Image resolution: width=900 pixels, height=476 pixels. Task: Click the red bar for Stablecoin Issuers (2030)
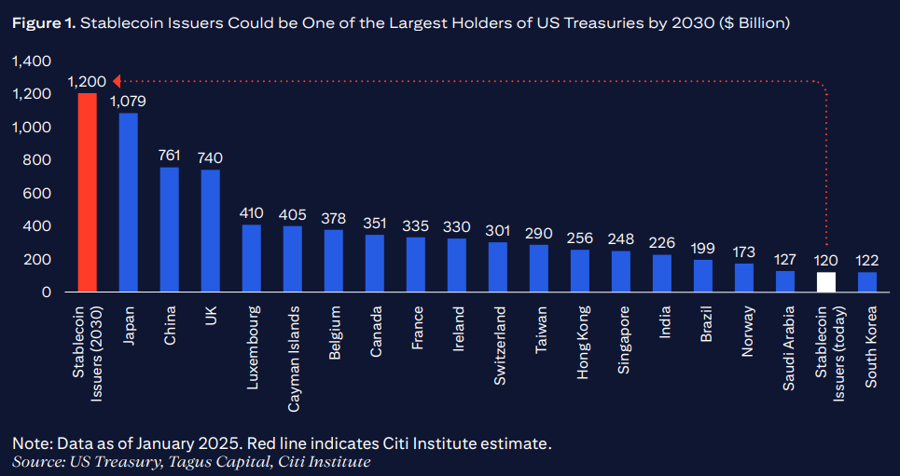click(x=88, y=193)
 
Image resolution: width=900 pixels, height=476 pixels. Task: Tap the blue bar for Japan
click(x=129, y=202)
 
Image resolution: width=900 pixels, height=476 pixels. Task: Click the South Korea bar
click(x=868, y=282)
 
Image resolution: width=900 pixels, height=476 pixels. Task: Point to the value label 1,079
click(x=129, y=101)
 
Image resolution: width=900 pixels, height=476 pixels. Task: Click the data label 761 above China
click(x=170, y=156)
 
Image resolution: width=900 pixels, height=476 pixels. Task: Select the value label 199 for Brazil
click(x=704, y=248)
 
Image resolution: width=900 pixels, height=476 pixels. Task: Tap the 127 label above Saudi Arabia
click(x=786, y=260)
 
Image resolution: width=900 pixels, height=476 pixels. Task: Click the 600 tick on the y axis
click(x=36, y=194)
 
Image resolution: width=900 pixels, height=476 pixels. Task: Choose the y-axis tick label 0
click(x=46, y=292)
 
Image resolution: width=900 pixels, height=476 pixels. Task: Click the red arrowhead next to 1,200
click(x=115, y=82)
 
